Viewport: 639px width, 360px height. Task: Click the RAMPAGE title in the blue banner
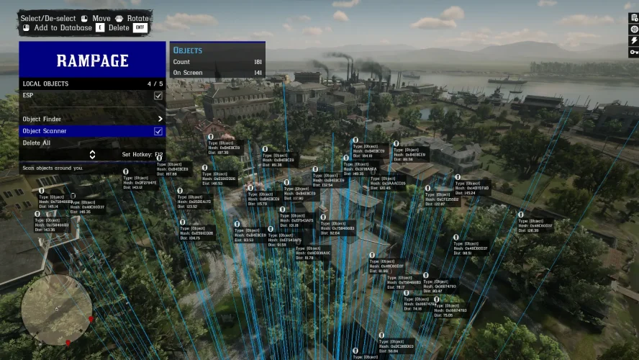click(93, 60)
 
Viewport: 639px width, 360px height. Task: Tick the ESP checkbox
click(158, 95)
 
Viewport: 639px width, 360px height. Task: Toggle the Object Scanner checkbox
click(158, 131)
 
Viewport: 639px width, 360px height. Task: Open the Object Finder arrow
click(160, 119)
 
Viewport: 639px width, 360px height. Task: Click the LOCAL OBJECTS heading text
click(45, 84)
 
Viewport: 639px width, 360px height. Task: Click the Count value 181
click(258, 62)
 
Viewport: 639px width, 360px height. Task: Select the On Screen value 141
click(258, 73)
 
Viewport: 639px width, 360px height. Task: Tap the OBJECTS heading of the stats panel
click(188, 50)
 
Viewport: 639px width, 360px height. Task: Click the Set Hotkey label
click(137, 154)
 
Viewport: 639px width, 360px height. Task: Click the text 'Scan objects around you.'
click(53, 168)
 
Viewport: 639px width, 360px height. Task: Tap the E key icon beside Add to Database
click(100, 27)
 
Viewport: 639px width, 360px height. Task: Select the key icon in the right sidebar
click(633, 52)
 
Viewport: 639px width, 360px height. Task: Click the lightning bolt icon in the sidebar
click(633, 40)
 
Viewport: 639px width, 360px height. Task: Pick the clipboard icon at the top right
click(633, 17)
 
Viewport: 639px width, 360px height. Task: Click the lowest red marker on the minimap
click(68, 342)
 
